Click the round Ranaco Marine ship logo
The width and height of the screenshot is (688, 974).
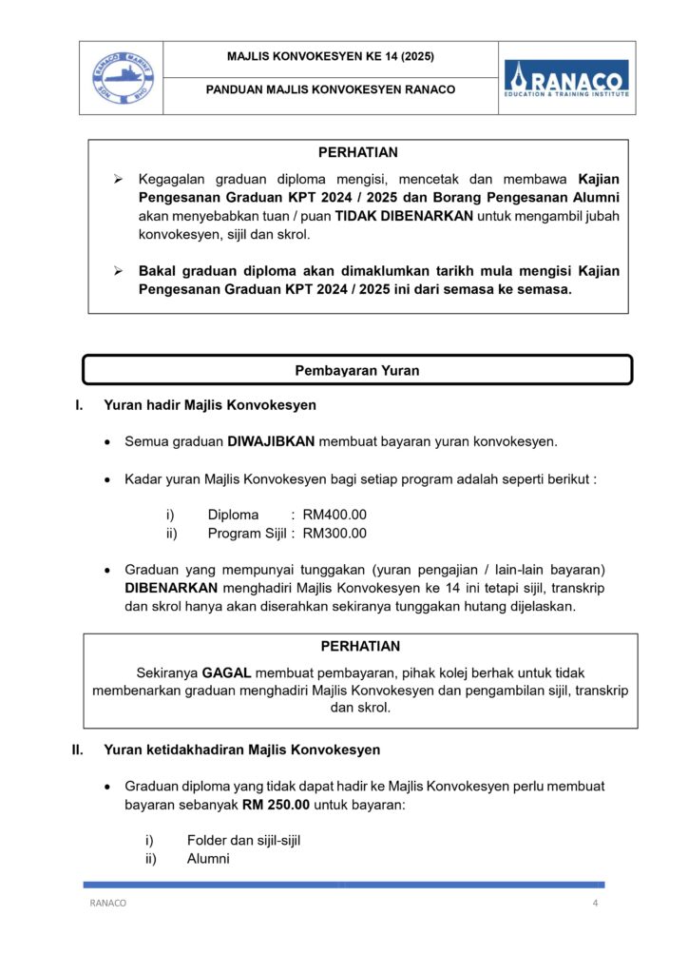pyautogui.click(x=121, y=78)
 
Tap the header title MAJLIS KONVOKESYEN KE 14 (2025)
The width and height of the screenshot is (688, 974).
pyautogui.click(x=330, y=57)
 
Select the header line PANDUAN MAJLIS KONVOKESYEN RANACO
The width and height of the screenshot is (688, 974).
pyautogui.click(x=330, y=90)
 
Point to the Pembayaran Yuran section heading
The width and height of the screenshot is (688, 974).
pyautogui.click(x=357, y=371)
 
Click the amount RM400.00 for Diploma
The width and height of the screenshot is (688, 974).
pyautogui.click(x=334, y=515)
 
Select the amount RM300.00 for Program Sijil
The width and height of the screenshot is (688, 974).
pyautogui.click(x=334, y=534)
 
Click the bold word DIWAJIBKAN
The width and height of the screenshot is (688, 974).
pyautogui.click(x=271, y=441)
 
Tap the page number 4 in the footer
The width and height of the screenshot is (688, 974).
pyautogui.click(x=595, y=904)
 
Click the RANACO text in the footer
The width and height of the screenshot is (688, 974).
pyautogui.click(x=107, y=904)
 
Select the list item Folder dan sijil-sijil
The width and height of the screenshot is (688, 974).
pyautogui.click(x=243, y=841)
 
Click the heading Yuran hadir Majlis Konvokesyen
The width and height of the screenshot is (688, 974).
pyautogui.click(x=210, y=405)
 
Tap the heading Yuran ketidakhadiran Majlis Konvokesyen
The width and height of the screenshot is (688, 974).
pyautogui.click(x=241, y=750)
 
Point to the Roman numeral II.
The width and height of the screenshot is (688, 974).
pyautogui.click(x=79, y=750)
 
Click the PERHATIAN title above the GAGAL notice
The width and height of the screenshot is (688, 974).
pyautogui.click(x=359, y=647)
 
